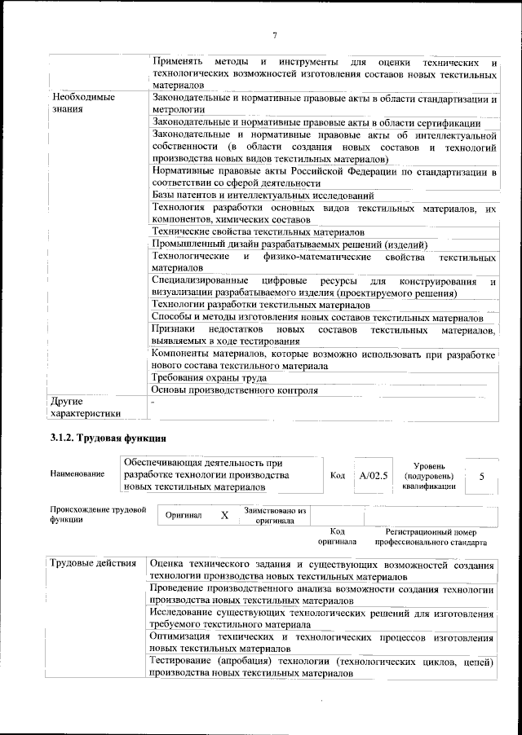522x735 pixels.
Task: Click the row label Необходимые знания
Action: coord(82,103)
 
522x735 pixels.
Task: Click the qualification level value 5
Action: coord(482,475)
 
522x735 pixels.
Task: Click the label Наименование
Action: coord(77,474)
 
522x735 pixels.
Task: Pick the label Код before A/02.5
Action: coord(338,474)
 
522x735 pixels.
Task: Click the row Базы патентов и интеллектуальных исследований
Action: coord(263,196)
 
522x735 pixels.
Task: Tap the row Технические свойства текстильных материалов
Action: coord(259,231)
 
